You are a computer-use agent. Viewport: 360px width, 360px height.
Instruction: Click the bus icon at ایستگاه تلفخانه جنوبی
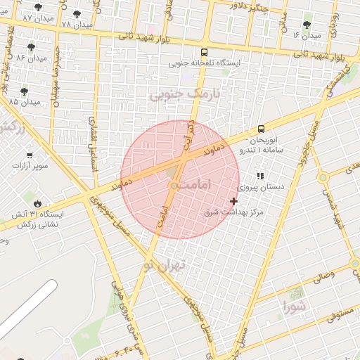pos(204,52)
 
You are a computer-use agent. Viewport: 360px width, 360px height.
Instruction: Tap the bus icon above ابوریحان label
pos(261,129)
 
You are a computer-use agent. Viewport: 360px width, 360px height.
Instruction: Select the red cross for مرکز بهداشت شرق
pos(234,201)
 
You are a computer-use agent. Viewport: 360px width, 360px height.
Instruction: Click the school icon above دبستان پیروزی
pos(260,176)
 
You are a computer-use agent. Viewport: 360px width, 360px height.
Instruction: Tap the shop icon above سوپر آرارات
pos(30,155)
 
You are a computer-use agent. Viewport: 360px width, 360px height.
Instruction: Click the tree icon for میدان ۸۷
pos(38,7)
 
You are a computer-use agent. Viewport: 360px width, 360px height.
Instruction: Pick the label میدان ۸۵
pos(23,102)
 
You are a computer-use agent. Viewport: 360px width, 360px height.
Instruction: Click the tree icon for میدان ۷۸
pos(77,14)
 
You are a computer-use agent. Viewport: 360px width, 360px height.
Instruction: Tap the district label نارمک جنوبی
pos(185,94)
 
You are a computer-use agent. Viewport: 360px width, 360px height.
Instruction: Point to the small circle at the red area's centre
pos(174,185)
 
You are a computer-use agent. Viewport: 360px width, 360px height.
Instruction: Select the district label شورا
pos(295,306)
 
